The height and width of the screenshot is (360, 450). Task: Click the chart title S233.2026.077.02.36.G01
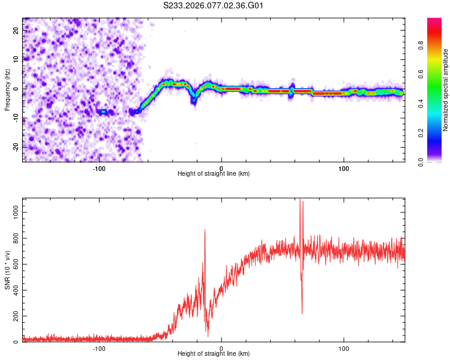tap(214, 5)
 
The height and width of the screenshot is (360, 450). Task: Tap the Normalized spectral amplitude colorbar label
tap(446, 90)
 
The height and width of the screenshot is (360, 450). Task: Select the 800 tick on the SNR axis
tap(14, 238)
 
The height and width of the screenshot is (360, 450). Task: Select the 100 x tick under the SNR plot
tap(344, 348)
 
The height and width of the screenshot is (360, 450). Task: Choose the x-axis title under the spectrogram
tap(214, 174)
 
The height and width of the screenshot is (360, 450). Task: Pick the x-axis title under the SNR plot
tap(214, 355)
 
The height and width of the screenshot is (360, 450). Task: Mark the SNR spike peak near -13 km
tap(205, 230)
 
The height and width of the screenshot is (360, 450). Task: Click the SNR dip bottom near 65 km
tap(302, 313)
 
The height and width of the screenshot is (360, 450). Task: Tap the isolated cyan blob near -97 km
tap(103, 112)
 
